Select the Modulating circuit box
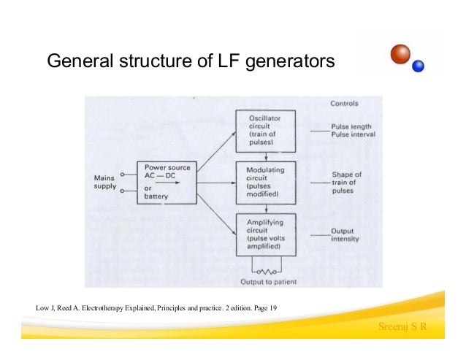pos(264,181)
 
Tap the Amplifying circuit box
pos(264,233)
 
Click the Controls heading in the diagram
pos(345,104)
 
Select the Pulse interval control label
pos(353,134)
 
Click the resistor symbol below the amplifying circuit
pos(264,271)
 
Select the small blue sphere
pos(419,66)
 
